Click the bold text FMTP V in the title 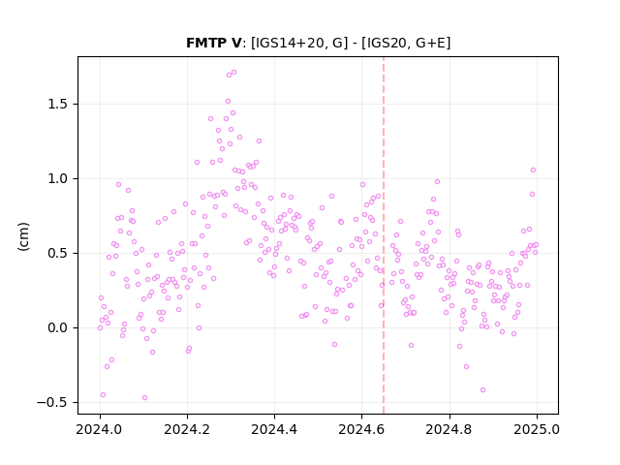click(x=213, y=43)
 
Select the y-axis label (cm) click(x=23, y=236)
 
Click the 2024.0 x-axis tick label click(x=100, y=429)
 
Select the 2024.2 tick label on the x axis click(x=187, y=429)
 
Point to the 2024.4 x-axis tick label click(x=274, y=429)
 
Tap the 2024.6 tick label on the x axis click(x=361, y=429)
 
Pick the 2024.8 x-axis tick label click(x=449, y=429)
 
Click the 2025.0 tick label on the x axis click(x=537, y=429)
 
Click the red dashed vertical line click(x=384, y=235)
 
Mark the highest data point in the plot click(x=233, y=73)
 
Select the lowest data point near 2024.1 click(x=144, y=398)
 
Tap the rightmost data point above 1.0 click(x=533, y=170)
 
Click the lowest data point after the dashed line click(x=482, y=389)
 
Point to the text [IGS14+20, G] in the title click(x=299, y=43)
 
